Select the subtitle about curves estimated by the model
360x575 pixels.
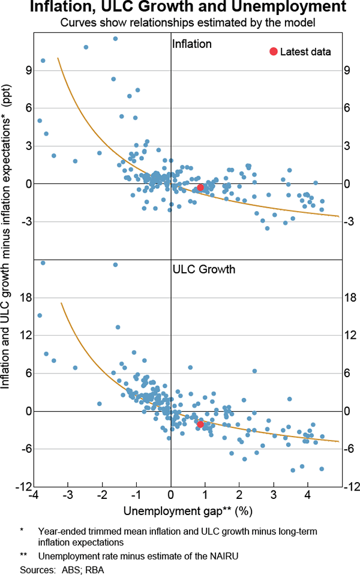180,23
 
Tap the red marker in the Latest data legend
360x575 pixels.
274,52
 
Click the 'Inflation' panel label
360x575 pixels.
191,44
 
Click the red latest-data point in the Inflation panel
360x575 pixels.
200,188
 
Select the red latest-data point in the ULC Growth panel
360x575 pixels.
200,424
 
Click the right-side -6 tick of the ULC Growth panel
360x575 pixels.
349,449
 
